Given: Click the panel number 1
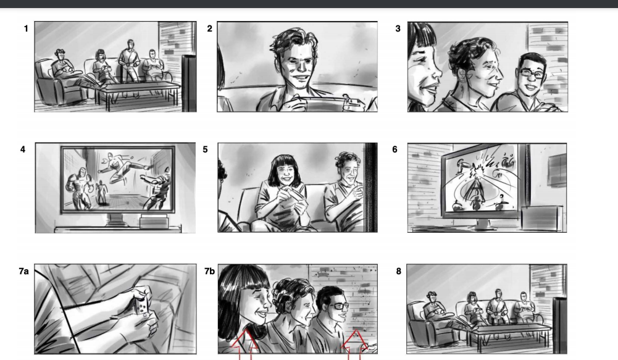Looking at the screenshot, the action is (x=26, y=29).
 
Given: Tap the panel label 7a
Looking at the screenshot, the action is (x=23, y=271).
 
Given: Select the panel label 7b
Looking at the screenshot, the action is (x=209, y=271).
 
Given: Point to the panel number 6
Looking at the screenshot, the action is (x=395, y=149).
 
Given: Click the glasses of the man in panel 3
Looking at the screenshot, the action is (x=532, y=73).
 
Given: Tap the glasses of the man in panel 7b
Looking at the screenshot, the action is (x=338, y=305).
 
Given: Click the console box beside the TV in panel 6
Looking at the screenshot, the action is (x=542, y=217).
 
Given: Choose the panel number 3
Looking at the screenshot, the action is (x=398, y=29).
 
